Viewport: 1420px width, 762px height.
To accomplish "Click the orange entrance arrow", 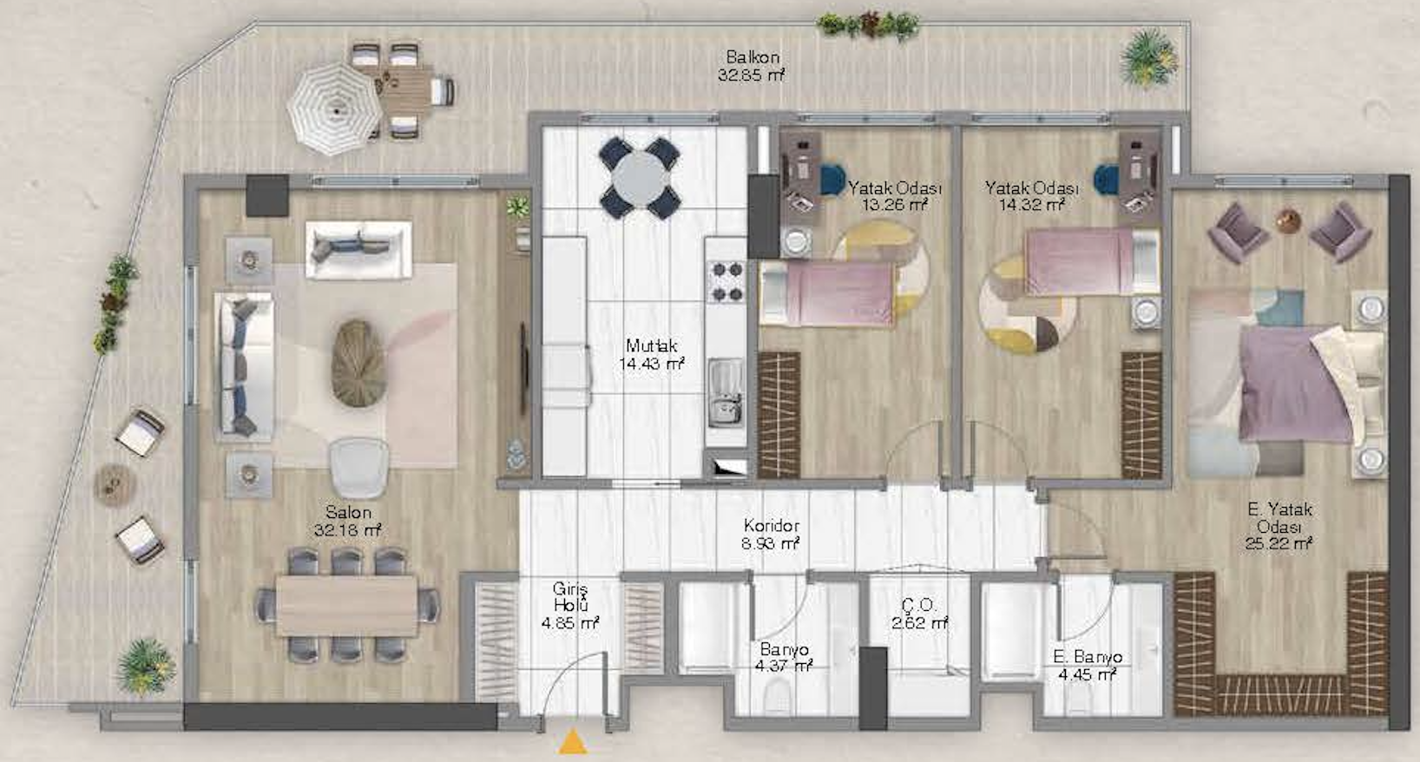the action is coord(573,742).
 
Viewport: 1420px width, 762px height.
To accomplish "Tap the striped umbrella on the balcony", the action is coord(335,109).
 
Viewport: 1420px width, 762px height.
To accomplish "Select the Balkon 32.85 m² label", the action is coord(752,66).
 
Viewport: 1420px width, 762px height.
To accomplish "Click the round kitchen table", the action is coord(640,178).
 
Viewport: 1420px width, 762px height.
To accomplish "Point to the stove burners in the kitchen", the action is coord(726,281).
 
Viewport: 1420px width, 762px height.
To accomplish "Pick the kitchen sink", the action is coord(726,391).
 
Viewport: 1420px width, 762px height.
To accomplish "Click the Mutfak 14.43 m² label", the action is coord(652,354).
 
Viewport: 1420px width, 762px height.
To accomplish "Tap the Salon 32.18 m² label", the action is coord(348,521).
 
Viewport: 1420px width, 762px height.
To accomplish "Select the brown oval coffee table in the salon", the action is coord(358,363).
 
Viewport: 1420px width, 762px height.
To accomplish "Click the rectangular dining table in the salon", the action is coord(347,606).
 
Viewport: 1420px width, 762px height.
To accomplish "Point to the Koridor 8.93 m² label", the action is coord(771,535).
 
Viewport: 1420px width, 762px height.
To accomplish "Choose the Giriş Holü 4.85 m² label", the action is coord(570,606).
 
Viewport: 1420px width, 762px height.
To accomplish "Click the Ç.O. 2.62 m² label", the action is coord(920,614).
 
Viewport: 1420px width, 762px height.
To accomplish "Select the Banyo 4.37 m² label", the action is coord(784,657).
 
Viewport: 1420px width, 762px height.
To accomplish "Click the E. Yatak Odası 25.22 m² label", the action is coord(1279,526).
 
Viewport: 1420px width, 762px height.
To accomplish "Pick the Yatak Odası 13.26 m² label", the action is coord(895,196).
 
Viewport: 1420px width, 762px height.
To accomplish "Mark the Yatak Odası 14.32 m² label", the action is coord(1032,196).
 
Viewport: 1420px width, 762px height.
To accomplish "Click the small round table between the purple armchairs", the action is coord(1288,221).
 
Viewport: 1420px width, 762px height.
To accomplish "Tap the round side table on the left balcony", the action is coord(115,485).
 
